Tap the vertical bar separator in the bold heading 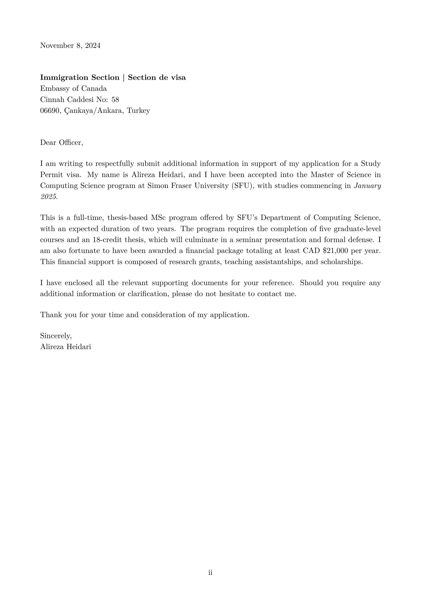click(x=124, y=78)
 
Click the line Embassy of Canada click(x=73, y=89)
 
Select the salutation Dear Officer click(x=62, y=143)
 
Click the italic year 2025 click(x=48, y=197)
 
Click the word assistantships click(x=281, y=262)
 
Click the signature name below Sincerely click(x=66, y=347)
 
